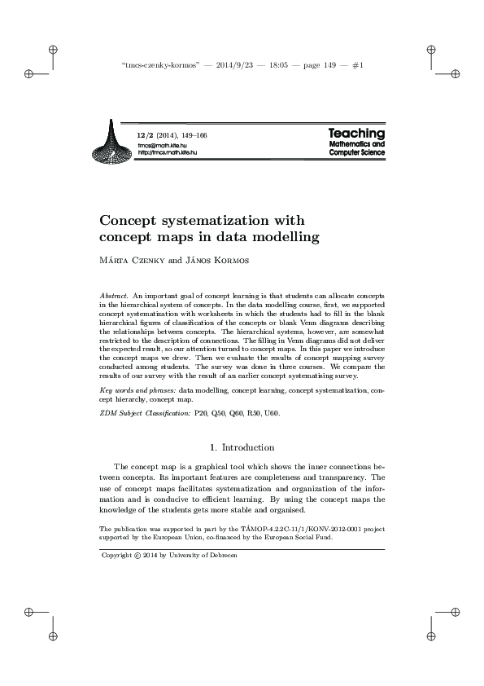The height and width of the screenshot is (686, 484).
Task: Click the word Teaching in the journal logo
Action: tap(356, 133)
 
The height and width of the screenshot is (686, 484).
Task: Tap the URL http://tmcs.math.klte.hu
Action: tap(167, 152)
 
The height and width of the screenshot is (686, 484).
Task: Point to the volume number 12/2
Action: tap(145, 134)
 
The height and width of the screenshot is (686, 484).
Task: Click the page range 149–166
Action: tap(198, 134)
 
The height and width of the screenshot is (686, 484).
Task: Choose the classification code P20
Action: tap(198, 414)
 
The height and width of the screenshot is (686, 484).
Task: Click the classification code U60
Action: tap(272, 414)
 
